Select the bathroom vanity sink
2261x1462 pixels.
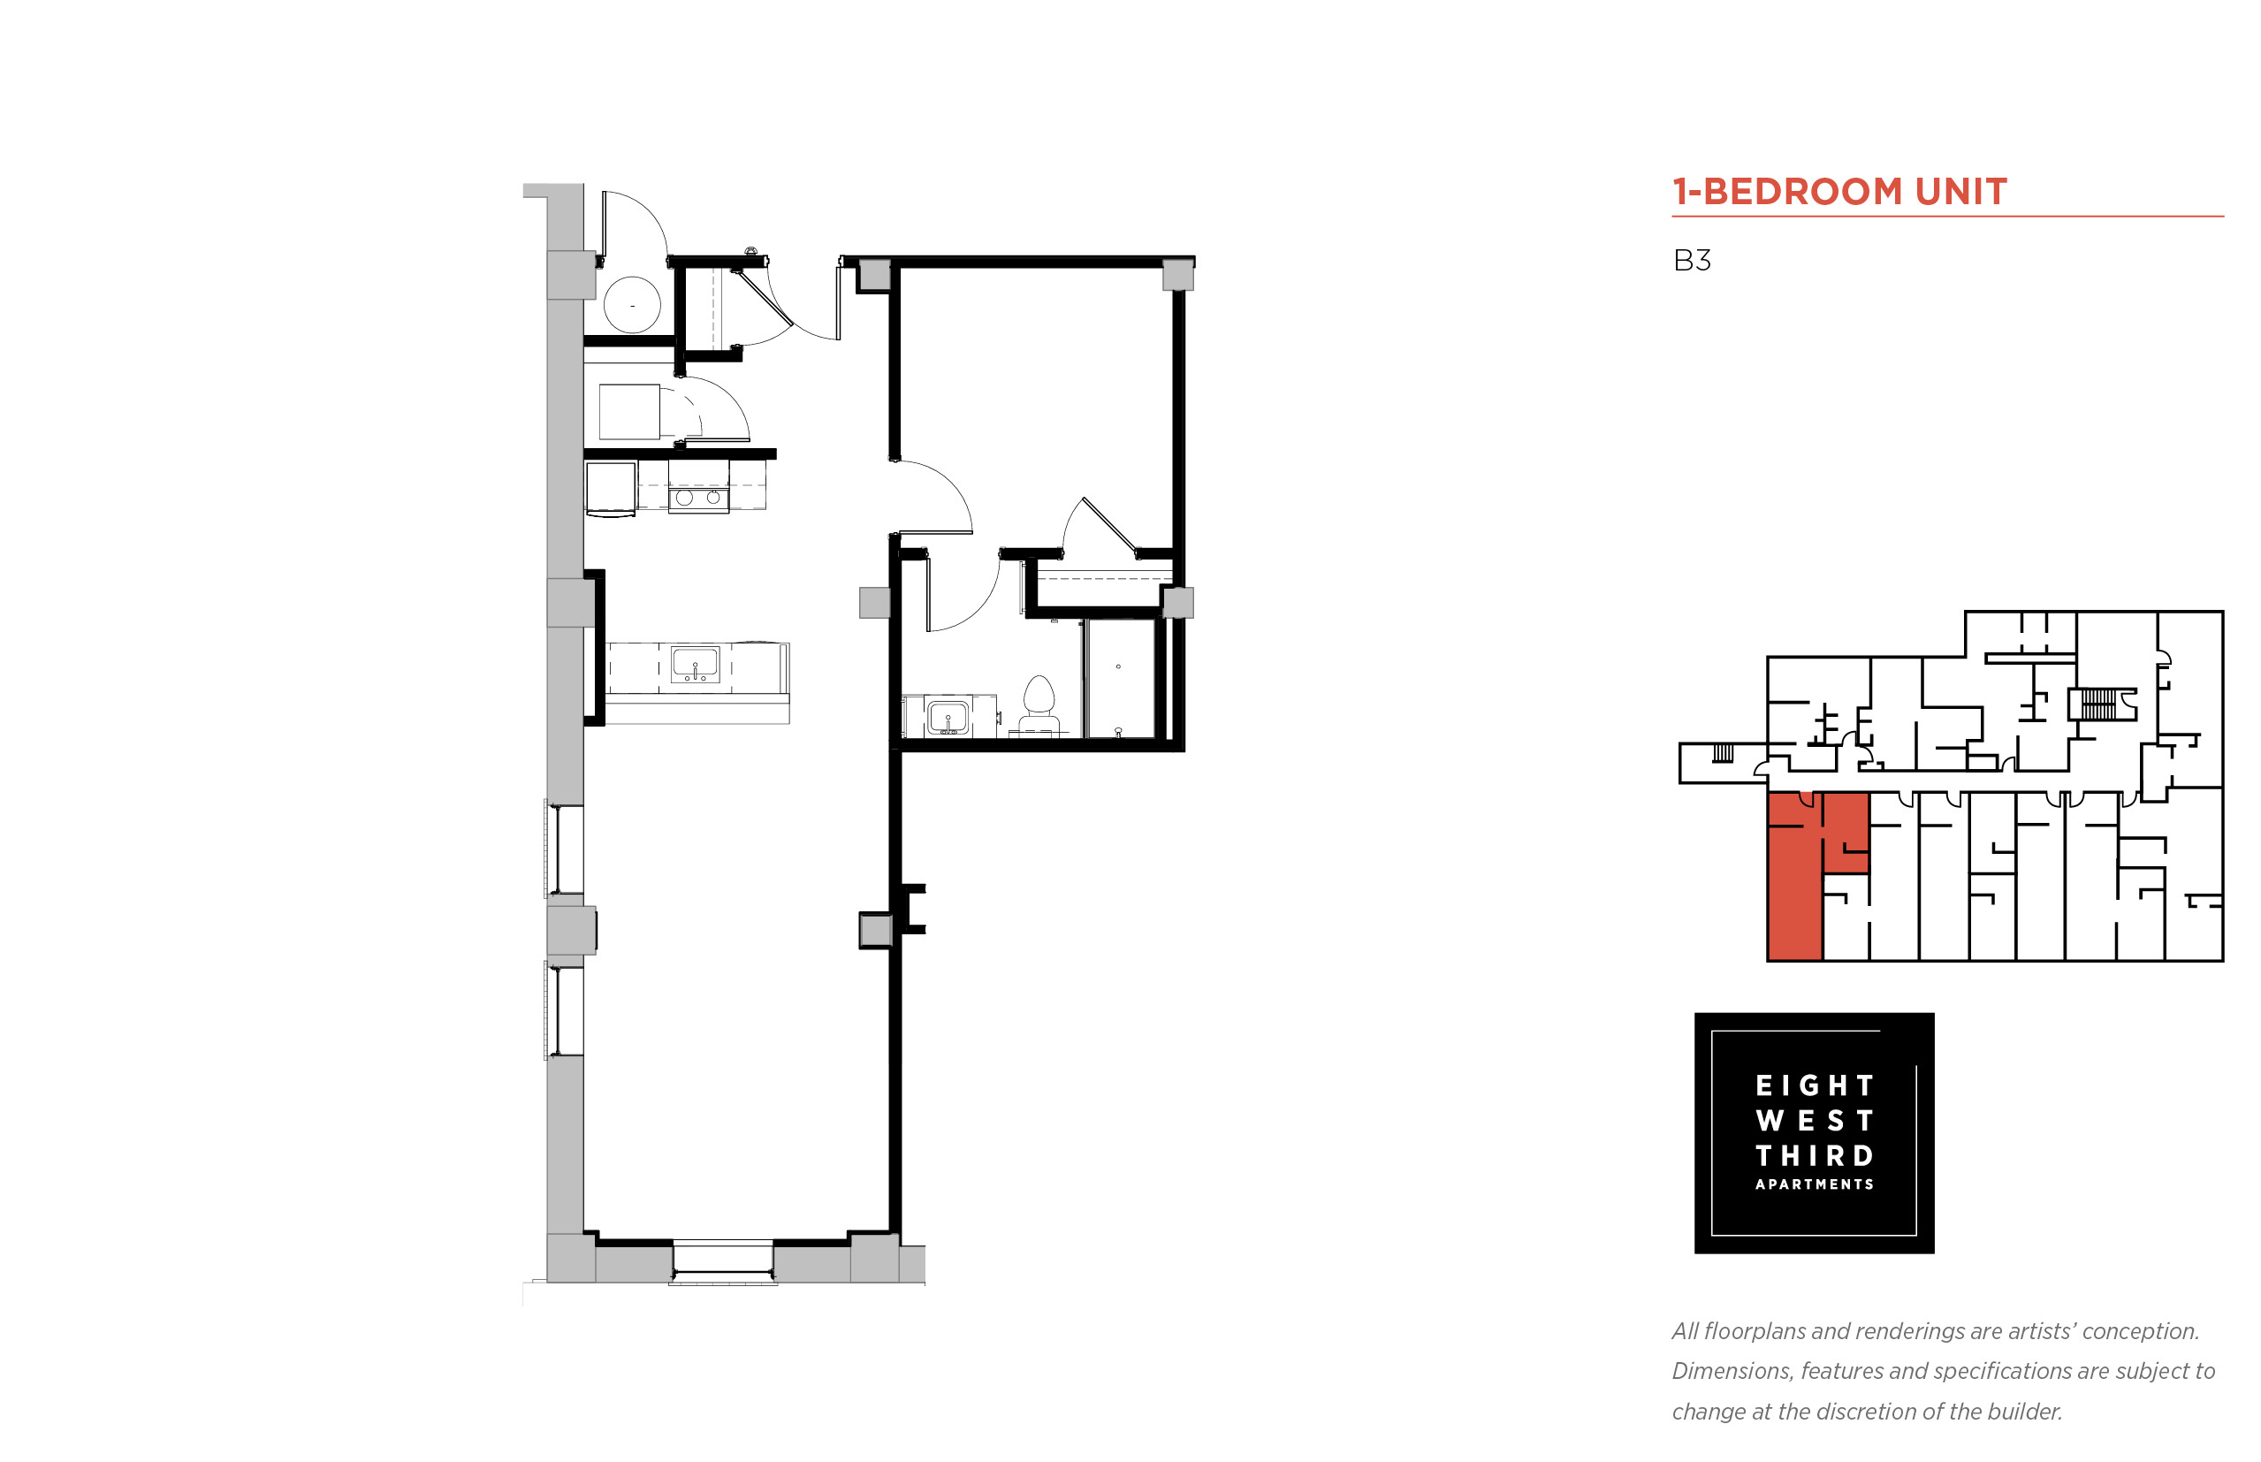[x=948, y=717]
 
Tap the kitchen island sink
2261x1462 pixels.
[x=695, y=664]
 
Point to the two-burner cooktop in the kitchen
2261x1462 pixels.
[x=697, y=498]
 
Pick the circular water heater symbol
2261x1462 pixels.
[x=632, y=305]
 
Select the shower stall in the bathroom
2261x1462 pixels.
[x=1120, y=678]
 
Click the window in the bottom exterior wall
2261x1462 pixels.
[x=723, y=1260]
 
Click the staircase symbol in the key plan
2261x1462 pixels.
[x=2098, y=704]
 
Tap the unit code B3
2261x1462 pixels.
[x=1692, y=260]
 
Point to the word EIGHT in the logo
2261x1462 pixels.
[x=1814, y=1085]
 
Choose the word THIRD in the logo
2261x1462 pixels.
[x=1814, y=1155]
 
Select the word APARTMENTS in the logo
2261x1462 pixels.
[x=1814, y=1184]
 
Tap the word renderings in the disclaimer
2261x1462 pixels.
[x=1909, y=1332]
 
